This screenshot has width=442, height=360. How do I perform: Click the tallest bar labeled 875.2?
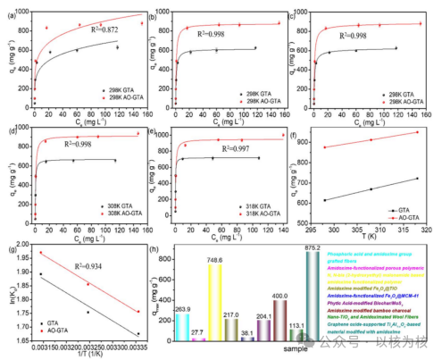click(313, 295)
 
